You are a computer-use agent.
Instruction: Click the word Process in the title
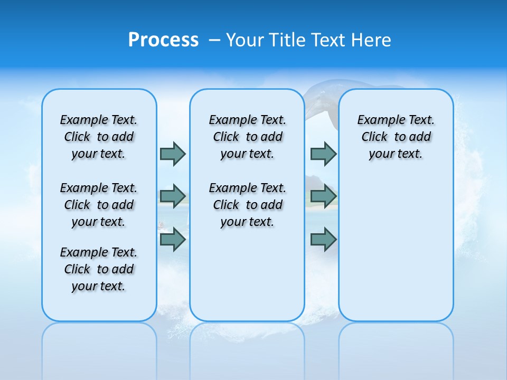(163, 40)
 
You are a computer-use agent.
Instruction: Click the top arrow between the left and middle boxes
(173, 154)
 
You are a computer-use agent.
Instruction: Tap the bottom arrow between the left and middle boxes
(173, 240)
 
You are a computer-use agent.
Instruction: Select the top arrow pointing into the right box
(323, 154)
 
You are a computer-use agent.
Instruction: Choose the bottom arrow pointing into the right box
(323, 240)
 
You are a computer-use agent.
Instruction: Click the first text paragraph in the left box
(99, 137)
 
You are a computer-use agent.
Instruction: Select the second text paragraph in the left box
(99, 205)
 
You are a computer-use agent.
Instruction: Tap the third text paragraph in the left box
(99, 269)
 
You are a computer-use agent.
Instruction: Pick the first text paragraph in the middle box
(247, 137)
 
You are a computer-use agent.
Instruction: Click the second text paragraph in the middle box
(247, 205)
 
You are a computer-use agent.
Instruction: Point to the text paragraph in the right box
(396, 137)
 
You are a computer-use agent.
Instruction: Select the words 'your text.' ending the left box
(99, 286)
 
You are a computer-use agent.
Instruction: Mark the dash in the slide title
(214, 40)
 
